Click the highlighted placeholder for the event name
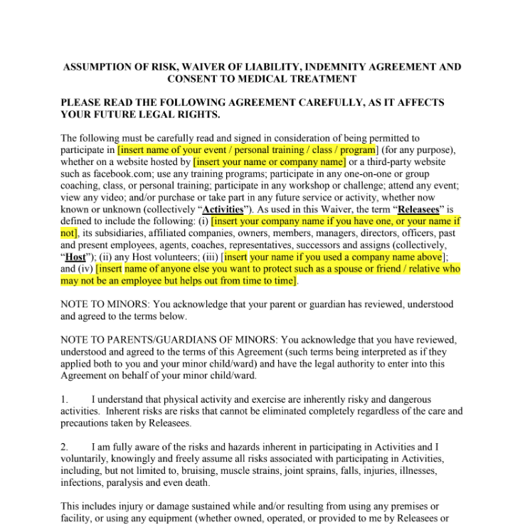(x=247, y=150)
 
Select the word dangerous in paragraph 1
(x=409, y=400)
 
